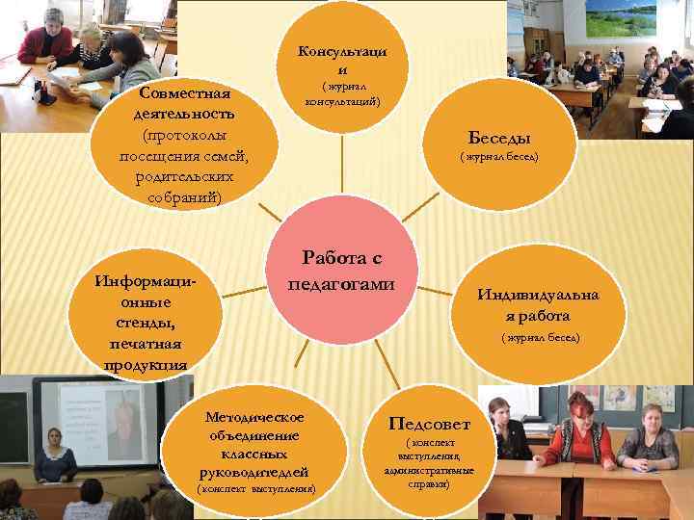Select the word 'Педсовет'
click(429, 424)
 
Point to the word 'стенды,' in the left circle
click(147, 322)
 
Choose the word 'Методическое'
click(254, 416)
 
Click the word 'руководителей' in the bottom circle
click(254, 471)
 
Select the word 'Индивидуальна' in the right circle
click(538, 295)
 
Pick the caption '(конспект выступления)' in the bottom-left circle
click(255, 489)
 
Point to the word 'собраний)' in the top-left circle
click(184, 197)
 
